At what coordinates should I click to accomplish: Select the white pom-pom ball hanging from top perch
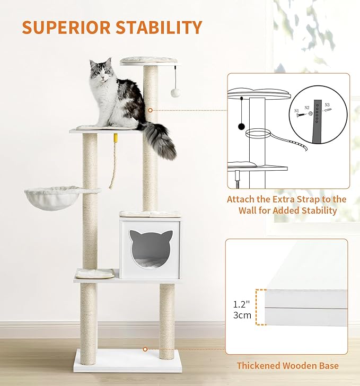175,92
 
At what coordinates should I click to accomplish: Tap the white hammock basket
53,197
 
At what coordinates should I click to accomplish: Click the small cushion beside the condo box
95,274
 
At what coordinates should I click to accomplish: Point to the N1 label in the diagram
297,111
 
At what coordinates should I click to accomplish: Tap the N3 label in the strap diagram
327,105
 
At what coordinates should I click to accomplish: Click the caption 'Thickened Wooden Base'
287,365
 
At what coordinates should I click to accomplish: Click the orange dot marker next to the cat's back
150,110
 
